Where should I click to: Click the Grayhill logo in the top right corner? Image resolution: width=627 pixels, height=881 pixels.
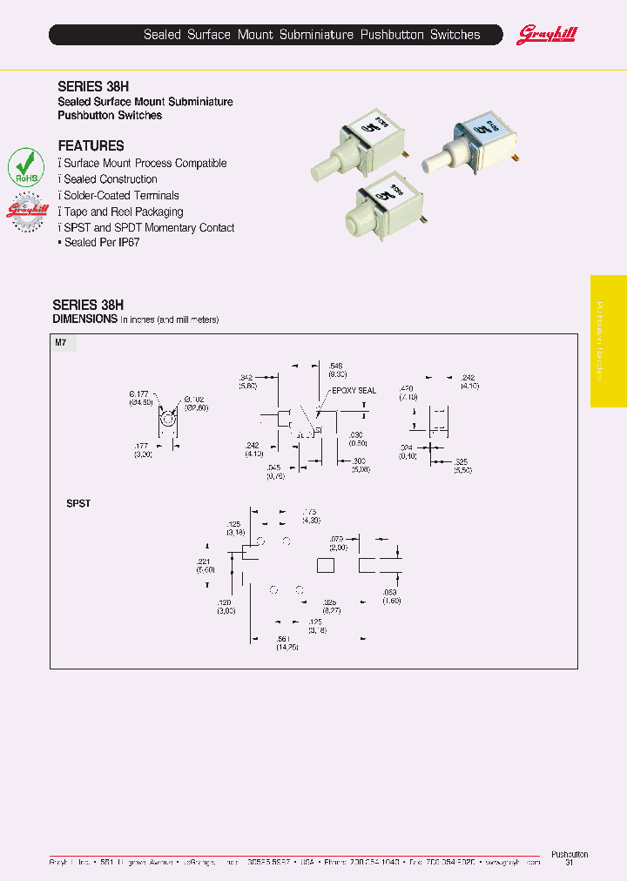point(548,35)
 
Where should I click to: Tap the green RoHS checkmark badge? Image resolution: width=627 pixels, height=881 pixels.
point(26,166)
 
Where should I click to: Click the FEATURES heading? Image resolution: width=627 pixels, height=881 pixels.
point(91,146)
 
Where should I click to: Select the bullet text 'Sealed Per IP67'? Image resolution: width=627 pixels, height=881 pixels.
point(101,243)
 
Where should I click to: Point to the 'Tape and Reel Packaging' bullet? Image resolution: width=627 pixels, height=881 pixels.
point(123,212)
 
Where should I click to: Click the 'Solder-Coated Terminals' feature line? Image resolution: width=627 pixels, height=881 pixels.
point(121,196)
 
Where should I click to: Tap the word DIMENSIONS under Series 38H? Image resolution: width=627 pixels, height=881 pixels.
point(84,319)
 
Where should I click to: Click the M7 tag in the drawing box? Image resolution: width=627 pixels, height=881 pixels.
point(61,344)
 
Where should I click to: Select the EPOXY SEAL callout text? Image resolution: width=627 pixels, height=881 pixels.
point(354,391)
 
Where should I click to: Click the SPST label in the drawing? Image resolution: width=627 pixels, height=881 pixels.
point(78,504)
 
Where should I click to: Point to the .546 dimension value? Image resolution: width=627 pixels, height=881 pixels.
point(337,366)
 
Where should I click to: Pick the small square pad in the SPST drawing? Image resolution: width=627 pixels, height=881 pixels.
point(326,566)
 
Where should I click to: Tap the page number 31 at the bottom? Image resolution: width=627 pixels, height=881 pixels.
point(570,863)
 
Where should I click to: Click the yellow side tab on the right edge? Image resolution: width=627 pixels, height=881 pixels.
point(608,341)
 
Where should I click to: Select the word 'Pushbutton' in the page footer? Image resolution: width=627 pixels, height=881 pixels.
point(570,854)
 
